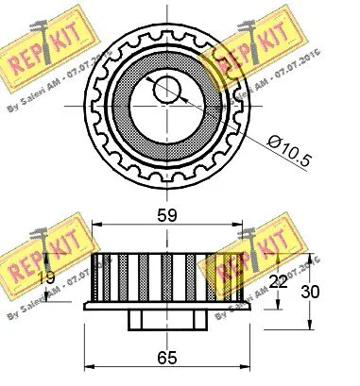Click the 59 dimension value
167,216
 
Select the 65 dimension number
167,359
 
